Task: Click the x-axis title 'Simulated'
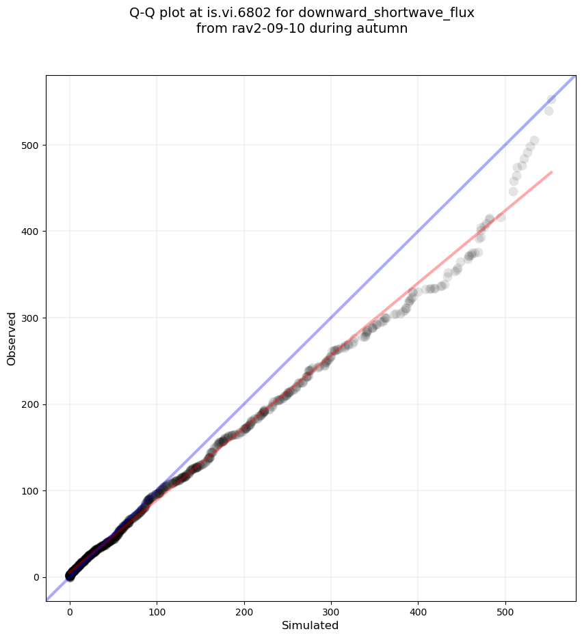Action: (310, 625)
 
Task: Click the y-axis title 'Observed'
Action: (12, 338)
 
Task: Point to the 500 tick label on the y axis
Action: (29, 145)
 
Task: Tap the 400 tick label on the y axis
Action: (29, 232)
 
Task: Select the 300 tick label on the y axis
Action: (29, 318)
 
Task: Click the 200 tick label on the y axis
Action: (29, 404)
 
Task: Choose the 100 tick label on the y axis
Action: (29, 490)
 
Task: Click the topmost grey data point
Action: (551, 99)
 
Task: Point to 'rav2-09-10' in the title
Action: (262, 29)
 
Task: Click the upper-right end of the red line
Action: (551, 171)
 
